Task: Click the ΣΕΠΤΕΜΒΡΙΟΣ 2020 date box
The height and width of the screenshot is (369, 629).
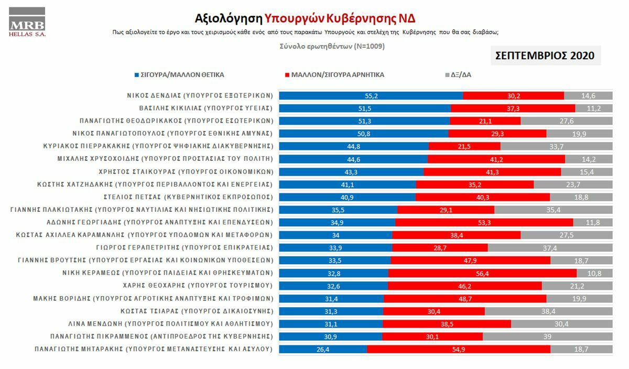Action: click(546, 56)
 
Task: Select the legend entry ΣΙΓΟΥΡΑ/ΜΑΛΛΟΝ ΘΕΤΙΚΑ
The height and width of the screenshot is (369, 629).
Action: click(179, 75)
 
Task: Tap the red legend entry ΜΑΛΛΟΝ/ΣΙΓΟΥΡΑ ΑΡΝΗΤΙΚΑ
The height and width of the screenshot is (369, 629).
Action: click(333, 75)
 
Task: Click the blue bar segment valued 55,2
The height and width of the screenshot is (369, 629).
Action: click(371, 95)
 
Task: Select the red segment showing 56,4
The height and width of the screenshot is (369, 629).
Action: click(482, 273)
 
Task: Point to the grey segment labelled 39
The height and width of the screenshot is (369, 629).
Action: click(547, 336)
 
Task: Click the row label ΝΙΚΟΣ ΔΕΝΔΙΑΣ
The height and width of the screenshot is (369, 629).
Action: click(200, 96)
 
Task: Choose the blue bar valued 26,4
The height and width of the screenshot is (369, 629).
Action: click(323, 349)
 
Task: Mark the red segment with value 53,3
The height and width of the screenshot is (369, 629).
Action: click(484, 222)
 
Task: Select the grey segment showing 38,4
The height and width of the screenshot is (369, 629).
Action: click(548, 311)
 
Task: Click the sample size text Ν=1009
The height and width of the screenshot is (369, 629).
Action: click(369, 46)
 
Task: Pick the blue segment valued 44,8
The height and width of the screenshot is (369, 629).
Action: click(354, 146)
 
